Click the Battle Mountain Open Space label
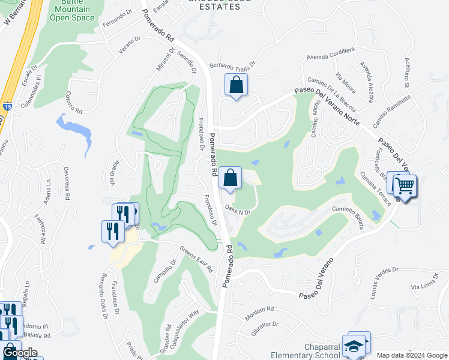click(x=72, y=11)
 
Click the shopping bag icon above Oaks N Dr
click(x=230, y=178)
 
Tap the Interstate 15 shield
click(x=7, y=107)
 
